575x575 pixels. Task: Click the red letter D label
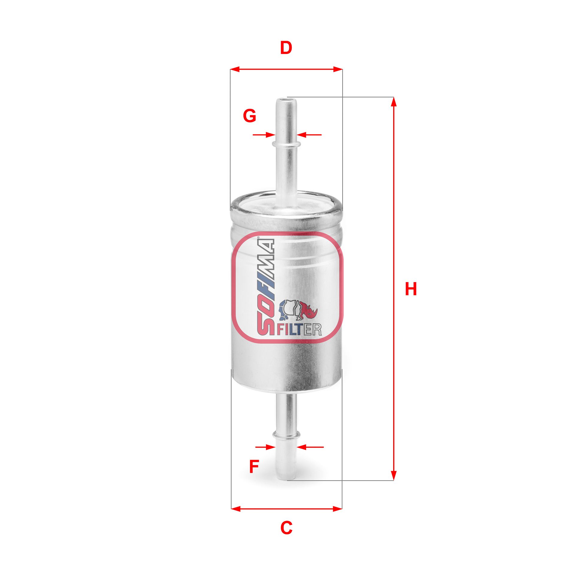coord(286,48)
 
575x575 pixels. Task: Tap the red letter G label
coord(249,116)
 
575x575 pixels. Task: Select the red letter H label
coord(411,289)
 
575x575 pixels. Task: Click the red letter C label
coord(286,528)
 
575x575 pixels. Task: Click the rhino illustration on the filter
coord(298,310)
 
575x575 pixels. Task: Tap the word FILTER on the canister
coord(299,329)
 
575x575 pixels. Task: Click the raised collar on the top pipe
coord(286,144)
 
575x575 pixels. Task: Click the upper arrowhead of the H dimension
coord(394,102)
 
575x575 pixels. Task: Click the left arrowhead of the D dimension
coord(235,69)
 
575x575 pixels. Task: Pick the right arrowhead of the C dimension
coord(338,509)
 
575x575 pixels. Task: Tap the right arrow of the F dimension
coord(302,456)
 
